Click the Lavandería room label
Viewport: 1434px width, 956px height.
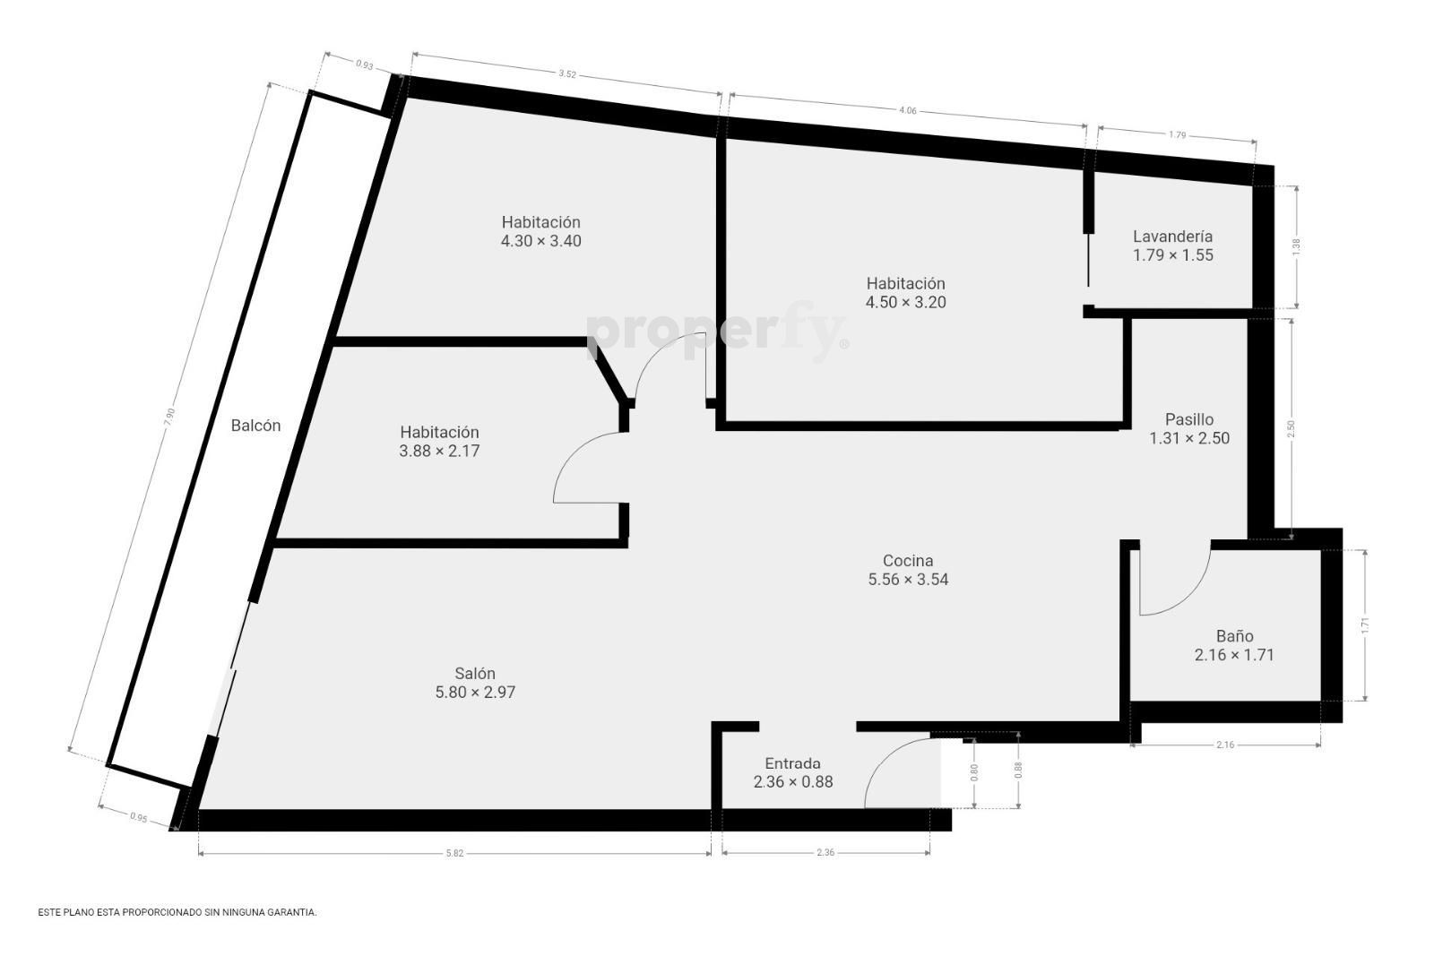point(1173,237)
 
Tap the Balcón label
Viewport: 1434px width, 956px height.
point(255,426)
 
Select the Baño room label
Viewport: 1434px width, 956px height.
point(1234,636)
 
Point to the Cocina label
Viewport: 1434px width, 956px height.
point(908,561)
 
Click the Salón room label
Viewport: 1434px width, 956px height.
point(475,673)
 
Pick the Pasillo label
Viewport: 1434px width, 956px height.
point(1188,419)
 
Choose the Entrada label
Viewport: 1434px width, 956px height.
point(792,763)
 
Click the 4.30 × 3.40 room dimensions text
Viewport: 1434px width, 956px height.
point(541,241)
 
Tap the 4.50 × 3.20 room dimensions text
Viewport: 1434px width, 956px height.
point(906,302)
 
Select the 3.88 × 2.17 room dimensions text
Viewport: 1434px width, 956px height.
point(439,452)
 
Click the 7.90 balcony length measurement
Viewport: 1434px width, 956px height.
point(169,418)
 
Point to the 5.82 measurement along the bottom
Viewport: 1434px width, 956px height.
point(454,853)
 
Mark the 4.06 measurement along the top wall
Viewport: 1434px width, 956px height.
point(908,110)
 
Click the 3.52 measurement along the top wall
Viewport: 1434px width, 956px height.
point(567,73)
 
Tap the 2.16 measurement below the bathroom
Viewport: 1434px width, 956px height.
point(1225,745)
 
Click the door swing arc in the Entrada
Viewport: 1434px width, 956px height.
point(884,754)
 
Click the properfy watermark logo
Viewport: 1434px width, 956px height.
point(717,332)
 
